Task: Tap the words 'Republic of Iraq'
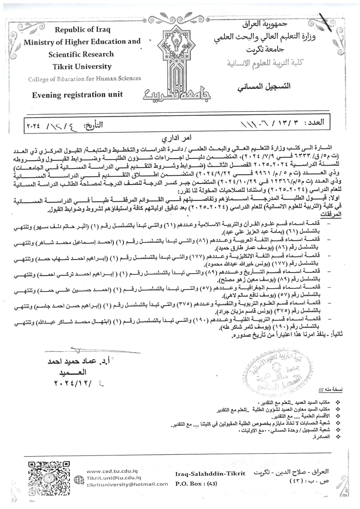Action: pyautogui.click(x=82, y=30)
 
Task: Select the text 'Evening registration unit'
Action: pyautogui.click(x=77, y=95)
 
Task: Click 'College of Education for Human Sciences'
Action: pyautogui.click(x=84, y=79)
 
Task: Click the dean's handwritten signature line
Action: pyautogui.click(x=92, y=351)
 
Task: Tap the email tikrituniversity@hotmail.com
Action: pyautogui.click(x=127, y=484)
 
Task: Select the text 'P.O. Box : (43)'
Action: pyautogui.click(x=196, y=484)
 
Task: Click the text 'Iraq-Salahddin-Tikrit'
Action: pyautogui.click(x=210, y=473)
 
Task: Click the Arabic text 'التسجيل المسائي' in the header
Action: pyautogui.click(x=264, y=87)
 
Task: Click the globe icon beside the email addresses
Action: pyautogui.click(x=78, y=479)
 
